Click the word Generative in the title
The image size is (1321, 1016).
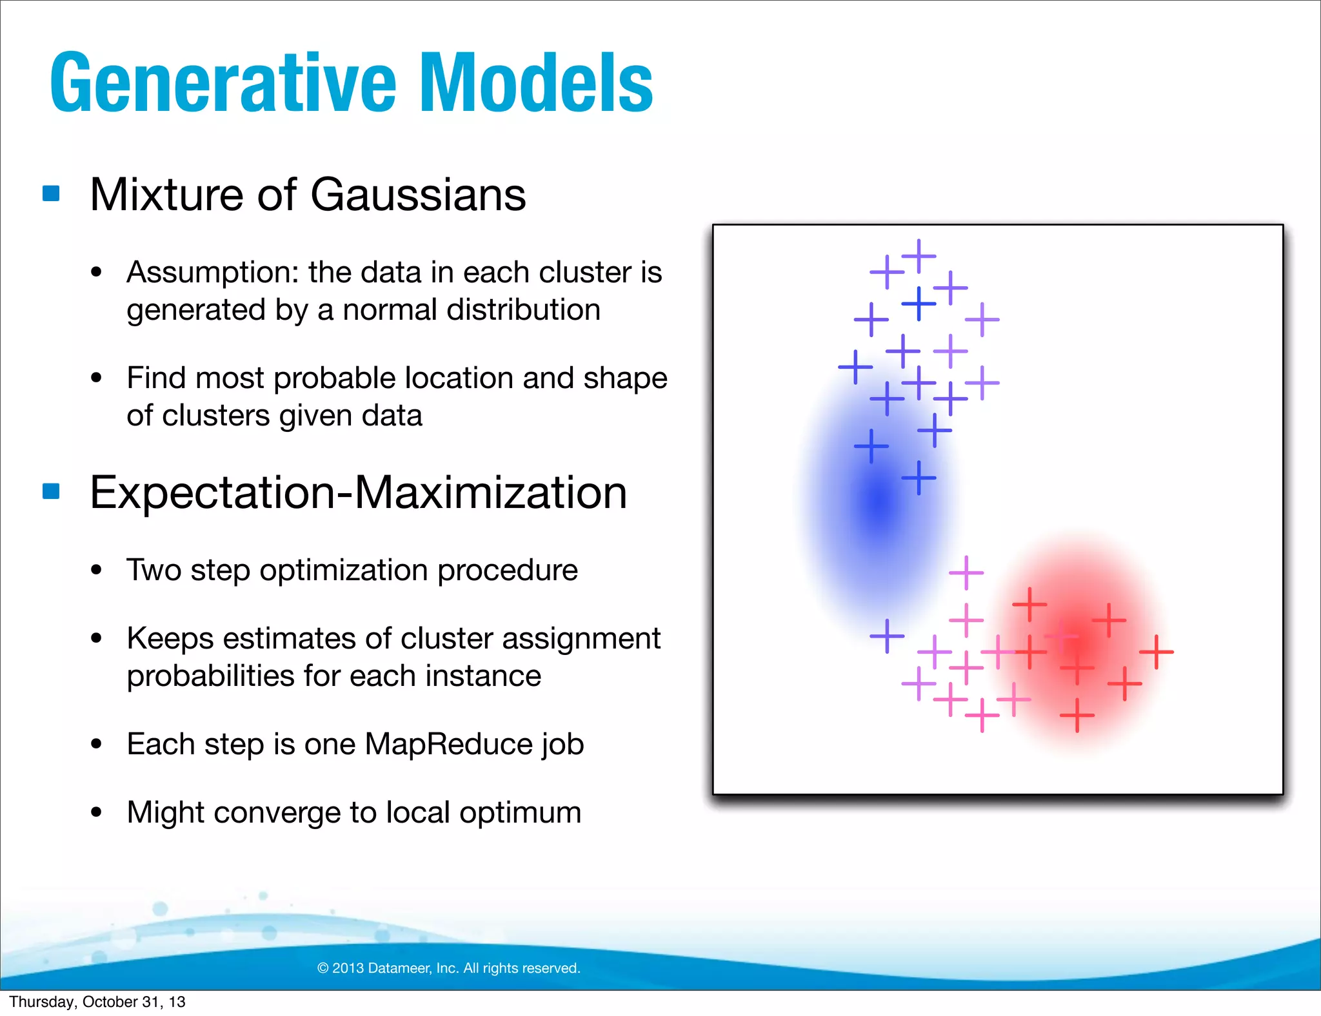click(x=223, y=84)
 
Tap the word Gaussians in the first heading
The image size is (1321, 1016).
click(x=418, y=195)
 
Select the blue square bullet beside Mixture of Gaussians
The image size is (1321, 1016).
click(x=51, y=193)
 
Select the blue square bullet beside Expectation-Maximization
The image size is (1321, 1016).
click(x=51, y=491)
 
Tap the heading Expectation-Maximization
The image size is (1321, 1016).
click(x=358, y=493)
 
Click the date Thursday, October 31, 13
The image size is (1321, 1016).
click(x=97, y=1002)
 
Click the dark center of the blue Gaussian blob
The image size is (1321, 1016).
click(x=879, y=500)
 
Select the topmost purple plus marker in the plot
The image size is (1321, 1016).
click(x=919, y=256)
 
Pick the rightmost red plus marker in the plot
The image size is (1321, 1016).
click(x=1156, y=652)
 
